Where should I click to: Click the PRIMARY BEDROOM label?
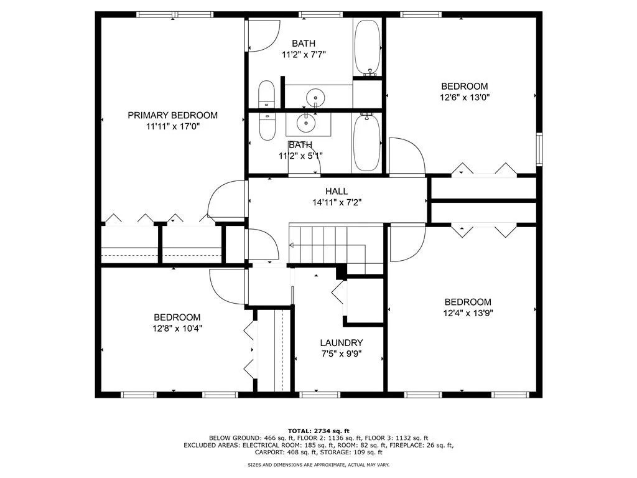pyautogui.click(x=172, y=115)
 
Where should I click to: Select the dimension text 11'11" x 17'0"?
pyautogui.click(x=172, y=126)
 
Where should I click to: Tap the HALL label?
pyautogui.click(x=337, y=191)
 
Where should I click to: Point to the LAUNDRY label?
pyautogui.click(x=342, y=343)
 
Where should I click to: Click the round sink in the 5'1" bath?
pyautogui.click(x=307, y=123)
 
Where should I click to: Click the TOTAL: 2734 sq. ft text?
pyautogui.click(x=318, y=431)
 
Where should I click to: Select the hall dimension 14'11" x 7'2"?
pyautogui.click(x=337, y=202)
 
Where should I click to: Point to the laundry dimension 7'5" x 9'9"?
pyautogui.click(x=342, y=354)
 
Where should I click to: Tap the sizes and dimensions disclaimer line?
pyautogui.click(x=318, y=465)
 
